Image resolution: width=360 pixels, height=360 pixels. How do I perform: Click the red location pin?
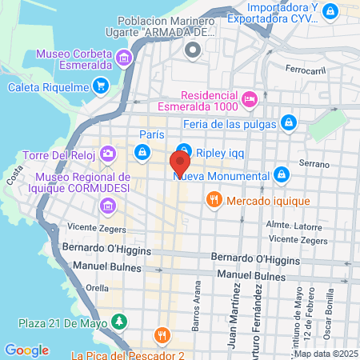pos(180,164)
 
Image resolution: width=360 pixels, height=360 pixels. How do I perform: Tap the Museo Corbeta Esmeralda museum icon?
pos(124,58)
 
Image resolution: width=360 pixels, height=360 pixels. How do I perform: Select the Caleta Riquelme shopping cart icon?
pos(100,85)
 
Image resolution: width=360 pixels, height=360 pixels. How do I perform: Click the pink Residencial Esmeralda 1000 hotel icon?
pos(250,98)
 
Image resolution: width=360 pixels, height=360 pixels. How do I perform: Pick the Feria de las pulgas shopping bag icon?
pos(289,123)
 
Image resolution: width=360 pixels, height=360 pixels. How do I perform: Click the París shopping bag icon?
pos(142,150)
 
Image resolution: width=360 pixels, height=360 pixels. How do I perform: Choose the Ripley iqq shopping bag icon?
pos(184,150)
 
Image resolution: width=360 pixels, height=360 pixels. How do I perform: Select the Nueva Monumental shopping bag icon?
pos(281,175)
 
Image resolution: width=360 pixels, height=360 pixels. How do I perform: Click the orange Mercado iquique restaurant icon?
pos(213,199)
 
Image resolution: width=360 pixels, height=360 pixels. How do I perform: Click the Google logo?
pos(26,350)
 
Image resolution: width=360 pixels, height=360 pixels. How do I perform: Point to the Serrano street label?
pos(314,163)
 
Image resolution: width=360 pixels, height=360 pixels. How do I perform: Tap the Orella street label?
pos(97,287)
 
